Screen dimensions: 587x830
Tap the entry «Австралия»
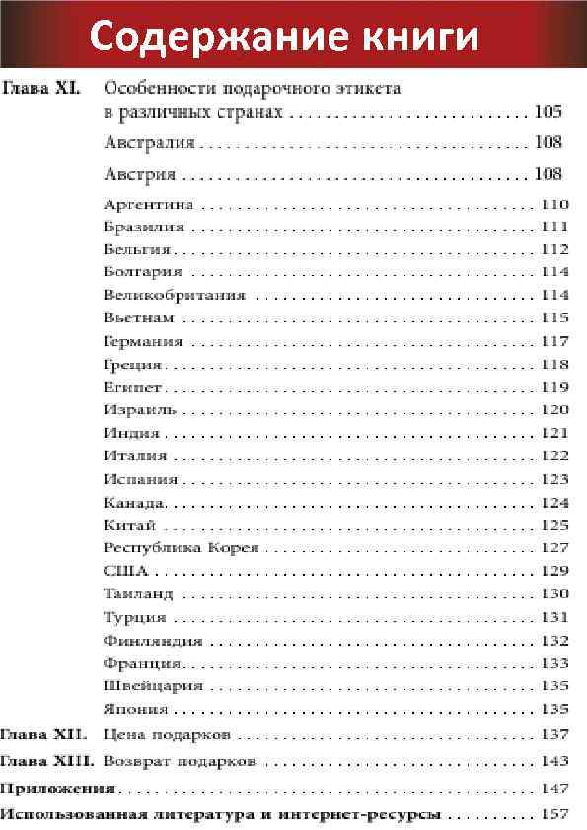[x=149, y=142]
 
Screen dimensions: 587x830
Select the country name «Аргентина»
[x=148, y=205]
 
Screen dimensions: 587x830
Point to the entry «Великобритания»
[x=174, y=295]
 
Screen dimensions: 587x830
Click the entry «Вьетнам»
[x=138, y=317]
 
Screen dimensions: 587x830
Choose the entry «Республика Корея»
[x=181, y=547]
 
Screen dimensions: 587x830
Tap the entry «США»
[x=125, y=570]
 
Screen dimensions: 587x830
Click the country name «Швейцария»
[x=153, y=685]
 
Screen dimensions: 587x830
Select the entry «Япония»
[x=136, y=709]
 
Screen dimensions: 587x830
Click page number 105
[x=548, y=111]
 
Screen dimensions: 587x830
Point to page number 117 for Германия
[x=554, y=341]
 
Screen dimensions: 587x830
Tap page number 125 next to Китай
[x=554, y=525]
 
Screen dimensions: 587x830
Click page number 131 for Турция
[x=554, y=617]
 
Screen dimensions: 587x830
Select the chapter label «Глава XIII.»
[x=47, y=761]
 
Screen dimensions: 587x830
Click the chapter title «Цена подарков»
[x=167, y=735]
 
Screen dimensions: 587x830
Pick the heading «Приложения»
[x=57, y=788]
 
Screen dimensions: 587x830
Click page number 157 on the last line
[x=554, y=814]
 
